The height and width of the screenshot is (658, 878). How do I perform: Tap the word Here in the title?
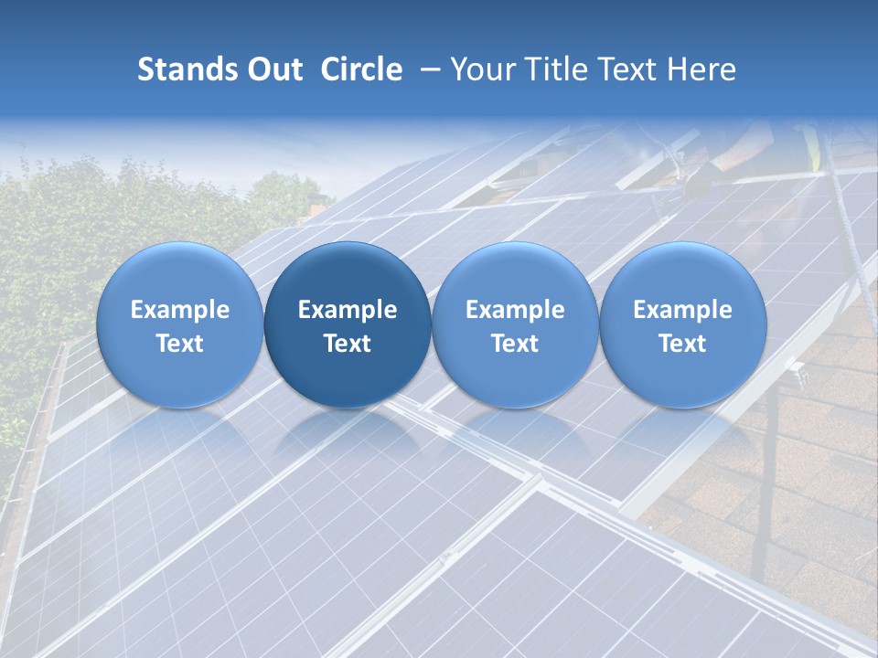click(x=701, y=69)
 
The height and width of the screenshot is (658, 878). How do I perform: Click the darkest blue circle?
click(x=348, y=324)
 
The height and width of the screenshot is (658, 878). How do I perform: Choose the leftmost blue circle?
click(x=179, y=324)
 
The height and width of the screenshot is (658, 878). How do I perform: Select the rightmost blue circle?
click(x=683, y=324)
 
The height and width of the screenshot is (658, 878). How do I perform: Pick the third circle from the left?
click(x=515, y=324)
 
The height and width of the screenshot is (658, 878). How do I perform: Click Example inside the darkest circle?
click(x=348, y=310)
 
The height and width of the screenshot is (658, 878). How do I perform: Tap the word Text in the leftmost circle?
click(x=179, y=344)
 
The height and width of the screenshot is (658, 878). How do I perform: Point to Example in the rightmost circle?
click(x=683, y=310)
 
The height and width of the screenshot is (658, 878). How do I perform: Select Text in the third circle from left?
click(x=515, y=344)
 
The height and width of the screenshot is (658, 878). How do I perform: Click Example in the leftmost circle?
click(x=179, y=310)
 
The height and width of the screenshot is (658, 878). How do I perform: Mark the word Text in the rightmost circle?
click(x=683, y=344)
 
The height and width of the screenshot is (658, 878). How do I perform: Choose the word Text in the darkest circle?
click(x=348, y=344)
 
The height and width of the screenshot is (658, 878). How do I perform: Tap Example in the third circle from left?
click(x=515, y=310)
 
